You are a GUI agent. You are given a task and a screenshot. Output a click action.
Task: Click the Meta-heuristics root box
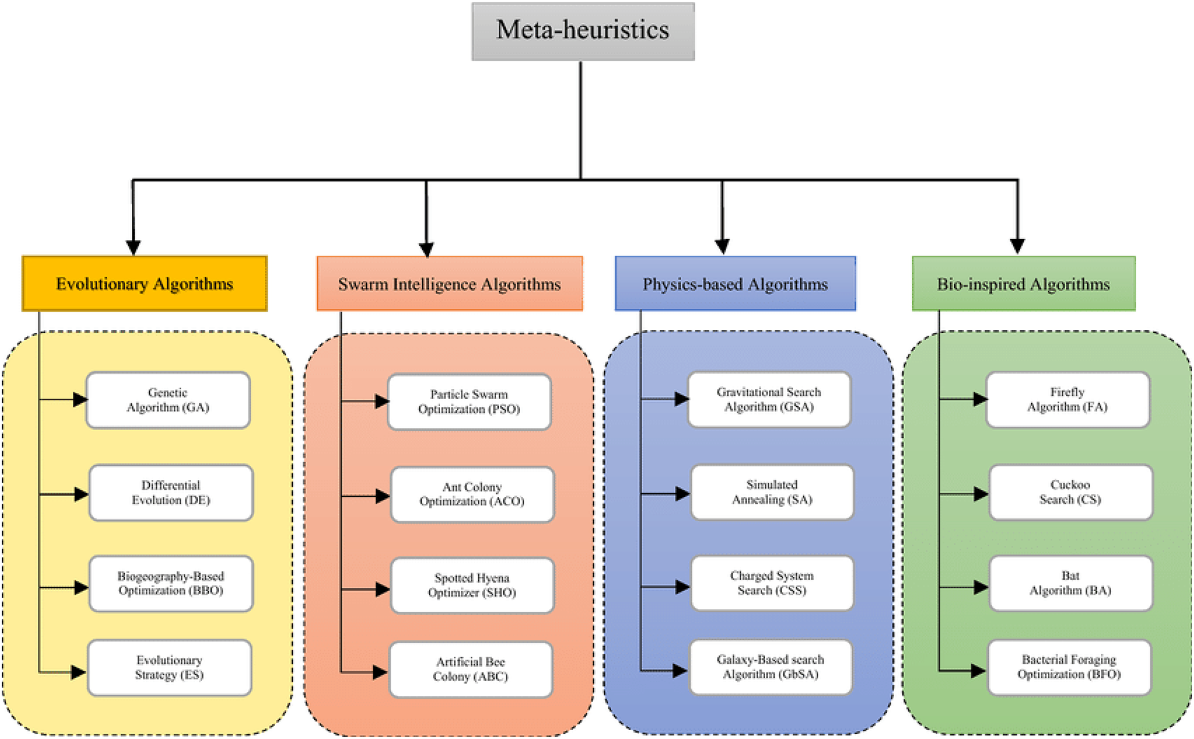[x=583, y=31]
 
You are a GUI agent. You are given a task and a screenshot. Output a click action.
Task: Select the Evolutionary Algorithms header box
[x=144, y=284]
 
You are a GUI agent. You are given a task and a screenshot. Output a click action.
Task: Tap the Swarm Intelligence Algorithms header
[x=449, y=284]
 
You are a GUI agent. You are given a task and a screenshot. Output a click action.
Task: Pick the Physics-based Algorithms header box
[x=735, y=284]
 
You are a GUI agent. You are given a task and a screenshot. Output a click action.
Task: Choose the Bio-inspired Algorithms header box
[x=1023, y=284]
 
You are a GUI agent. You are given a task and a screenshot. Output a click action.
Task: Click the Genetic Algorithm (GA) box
[x=168, y=400]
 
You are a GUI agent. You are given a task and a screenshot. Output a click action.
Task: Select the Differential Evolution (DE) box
[x=171, y=493]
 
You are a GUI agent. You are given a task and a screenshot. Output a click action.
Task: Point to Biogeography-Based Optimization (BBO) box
[x=171, y=583]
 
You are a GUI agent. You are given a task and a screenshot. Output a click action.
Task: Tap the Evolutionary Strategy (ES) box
[x=169, y=667]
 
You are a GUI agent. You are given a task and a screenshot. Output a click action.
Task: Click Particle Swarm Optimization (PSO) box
[x=469, y=402]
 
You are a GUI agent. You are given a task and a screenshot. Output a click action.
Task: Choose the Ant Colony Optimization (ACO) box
[x=472, y=494]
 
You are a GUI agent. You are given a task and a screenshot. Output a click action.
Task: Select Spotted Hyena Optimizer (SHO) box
[x=472, y=585]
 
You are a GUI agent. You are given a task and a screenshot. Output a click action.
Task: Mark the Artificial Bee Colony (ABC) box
[x=471, y=669]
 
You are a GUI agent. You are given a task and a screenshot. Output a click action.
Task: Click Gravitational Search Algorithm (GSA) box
[x=769, y=400]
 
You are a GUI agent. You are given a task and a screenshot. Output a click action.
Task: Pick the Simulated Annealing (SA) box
[x=772, y=492]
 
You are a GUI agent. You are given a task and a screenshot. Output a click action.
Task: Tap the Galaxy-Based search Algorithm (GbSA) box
[x=771, y=667]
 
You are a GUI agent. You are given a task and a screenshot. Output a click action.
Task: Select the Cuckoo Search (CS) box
[x=1071, y=492]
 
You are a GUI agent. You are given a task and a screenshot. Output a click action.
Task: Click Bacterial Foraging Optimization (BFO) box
[x=1069, y=667]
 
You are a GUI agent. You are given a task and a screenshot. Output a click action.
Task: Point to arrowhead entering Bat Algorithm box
[x=980, y=588]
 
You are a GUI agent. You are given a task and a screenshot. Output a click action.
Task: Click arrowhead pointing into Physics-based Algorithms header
[x=722, y=246]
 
